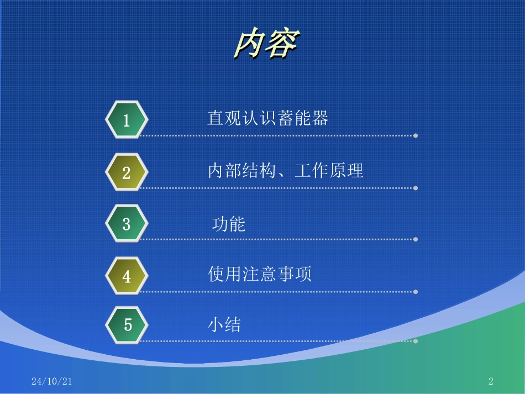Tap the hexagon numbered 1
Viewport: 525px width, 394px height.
[127, 120]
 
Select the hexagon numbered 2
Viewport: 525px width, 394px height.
[127, 172]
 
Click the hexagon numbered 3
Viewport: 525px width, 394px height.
[127, 224]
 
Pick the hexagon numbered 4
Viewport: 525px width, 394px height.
[127, 276]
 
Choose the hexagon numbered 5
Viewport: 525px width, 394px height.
[128, 324]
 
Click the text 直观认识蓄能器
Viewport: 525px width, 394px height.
[268, 118]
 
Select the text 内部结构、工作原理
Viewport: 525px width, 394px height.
[286, 171]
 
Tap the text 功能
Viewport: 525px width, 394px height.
[229, 224]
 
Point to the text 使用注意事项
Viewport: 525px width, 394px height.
[260, 274]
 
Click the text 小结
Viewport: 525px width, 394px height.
[224, 324]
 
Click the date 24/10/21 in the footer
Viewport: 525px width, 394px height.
[52, 381]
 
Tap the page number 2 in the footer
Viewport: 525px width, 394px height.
[491, 381]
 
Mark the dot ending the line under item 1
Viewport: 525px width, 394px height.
[416, 135]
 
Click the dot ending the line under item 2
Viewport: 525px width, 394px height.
[416, 188]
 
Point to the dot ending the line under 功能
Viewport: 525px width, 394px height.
[416, 240]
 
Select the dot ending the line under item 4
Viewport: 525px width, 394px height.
[416, 292]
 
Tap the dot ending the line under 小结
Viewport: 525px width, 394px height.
[416, 341]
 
